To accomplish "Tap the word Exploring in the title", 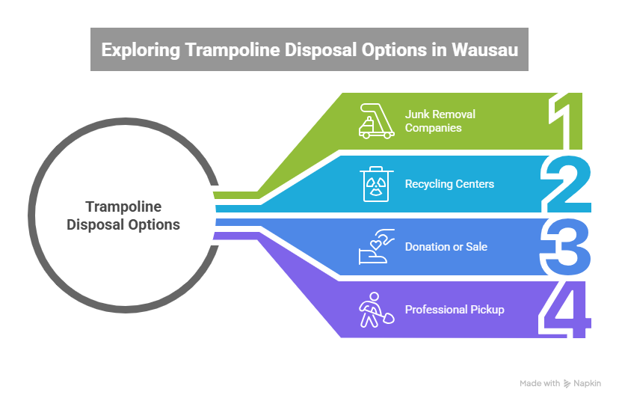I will tap(135, 50).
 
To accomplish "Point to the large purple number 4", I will tap(568, 308).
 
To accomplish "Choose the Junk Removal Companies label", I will tap(440, 120).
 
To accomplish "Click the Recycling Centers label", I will tap(449, 184).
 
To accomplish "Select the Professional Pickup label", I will tap(454, 309).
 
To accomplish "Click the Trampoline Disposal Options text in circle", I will tap(123, 215).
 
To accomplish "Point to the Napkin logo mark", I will tap(567, 384).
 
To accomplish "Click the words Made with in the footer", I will tap(539, 384).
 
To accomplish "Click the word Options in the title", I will tap(363, 50).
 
